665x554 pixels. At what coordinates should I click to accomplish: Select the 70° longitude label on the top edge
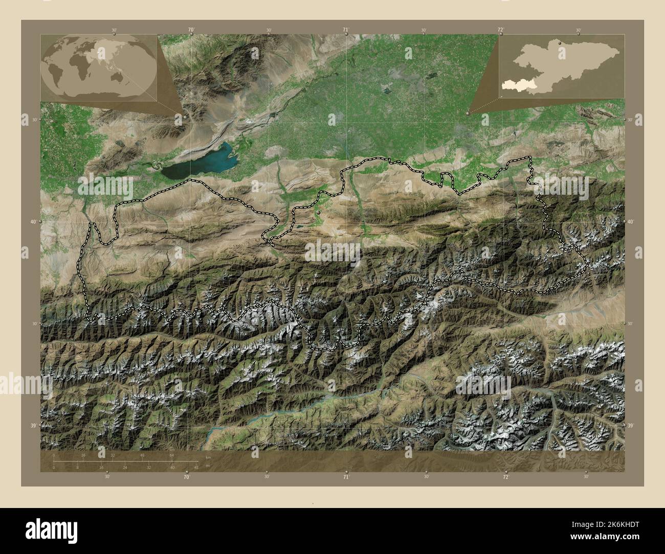point(190,30)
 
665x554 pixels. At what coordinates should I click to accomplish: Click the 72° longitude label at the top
point(500,30)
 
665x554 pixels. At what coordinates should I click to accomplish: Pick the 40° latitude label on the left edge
point(33,222)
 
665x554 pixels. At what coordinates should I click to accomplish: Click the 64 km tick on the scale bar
point(172,455)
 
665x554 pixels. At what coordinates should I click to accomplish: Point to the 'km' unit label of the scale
point(208,457)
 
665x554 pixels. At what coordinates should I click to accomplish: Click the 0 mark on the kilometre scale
point(54,455)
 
